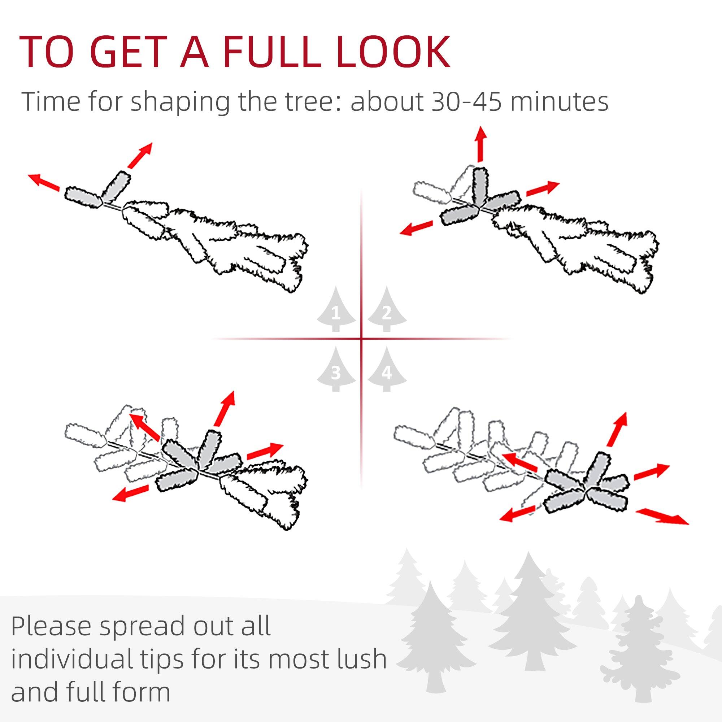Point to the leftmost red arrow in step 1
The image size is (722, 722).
pyautogui.click(x=44, y=182)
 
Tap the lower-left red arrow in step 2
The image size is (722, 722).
pyautogui.click(x=416, y=228)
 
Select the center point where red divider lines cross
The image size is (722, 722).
pyautogui.click(x=361, y=339)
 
